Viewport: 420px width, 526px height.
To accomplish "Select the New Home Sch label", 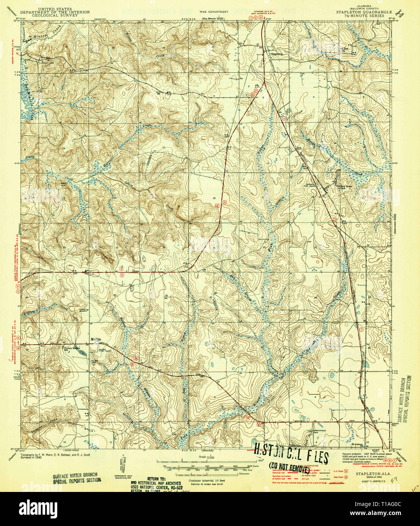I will click(x=346, y=187).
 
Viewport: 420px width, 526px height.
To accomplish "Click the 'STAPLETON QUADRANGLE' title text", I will click(x=364, y=12).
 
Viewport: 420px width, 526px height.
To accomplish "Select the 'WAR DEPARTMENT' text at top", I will click(x=214, y=12).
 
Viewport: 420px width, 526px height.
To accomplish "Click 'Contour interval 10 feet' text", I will click(x=206, y=479).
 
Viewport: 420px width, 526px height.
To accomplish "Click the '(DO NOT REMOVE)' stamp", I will click(x=289, y=468).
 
